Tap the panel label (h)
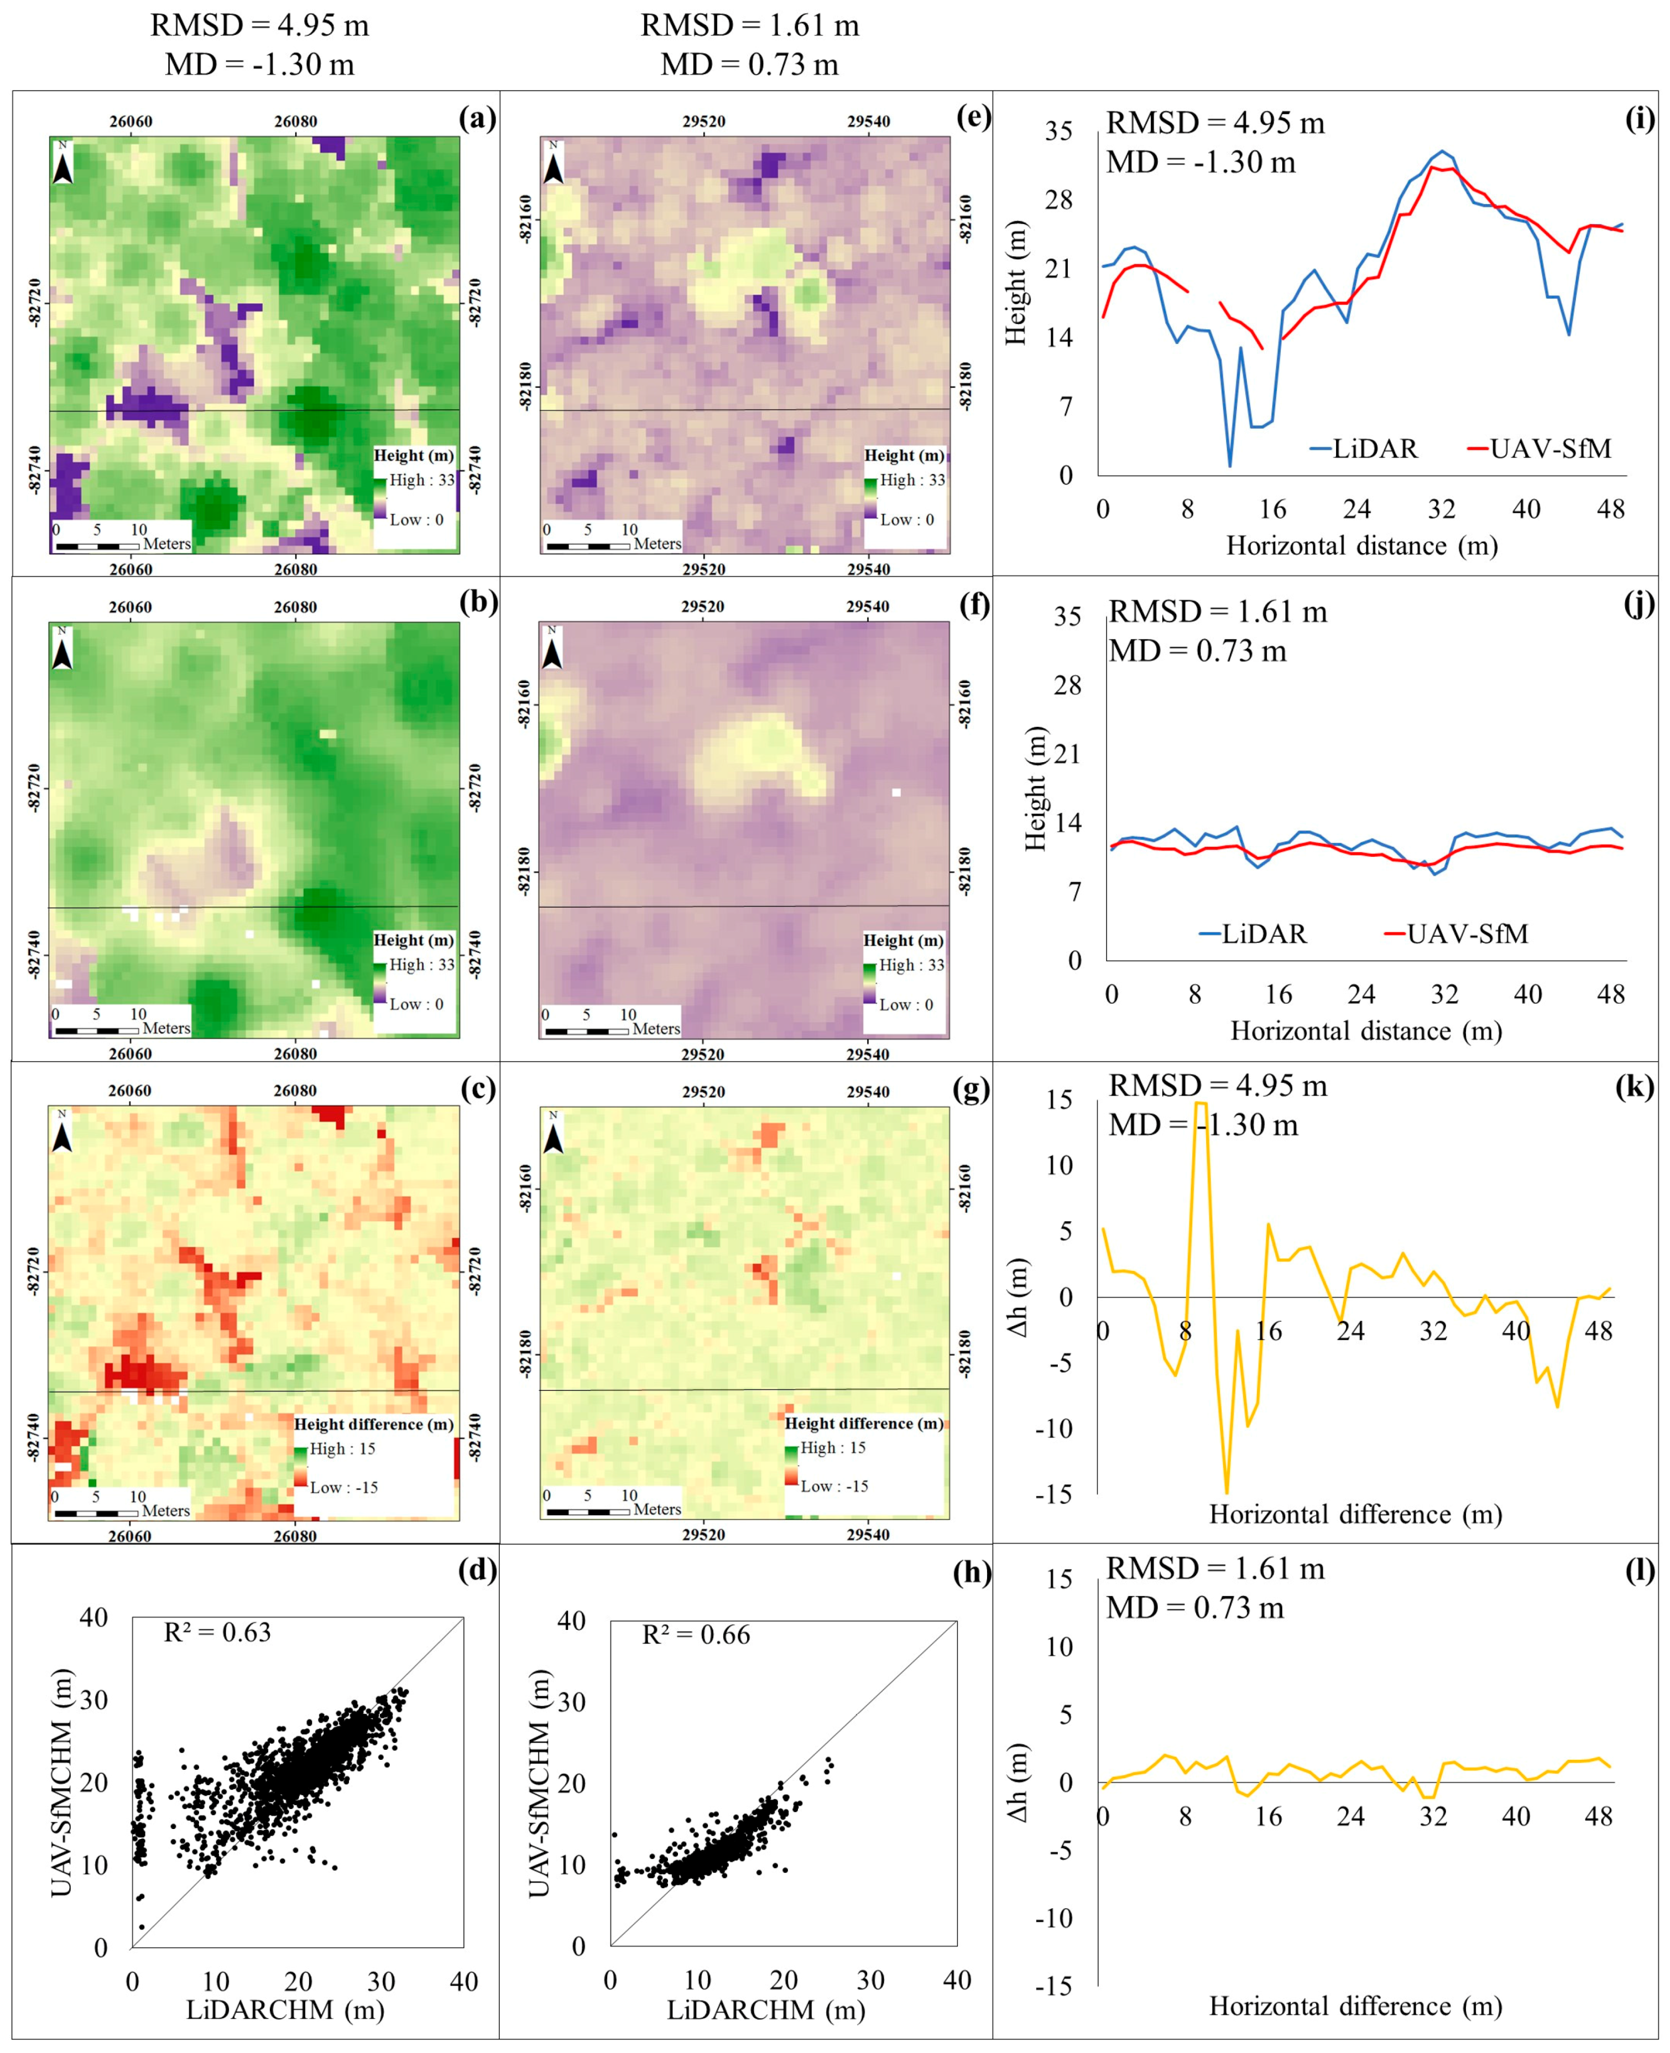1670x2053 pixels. (972, 1572)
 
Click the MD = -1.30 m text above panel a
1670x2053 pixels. (260, 65)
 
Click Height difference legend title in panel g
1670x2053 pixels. (864, 1423)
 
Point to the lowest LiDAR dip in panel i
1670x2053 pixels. (1229, 466)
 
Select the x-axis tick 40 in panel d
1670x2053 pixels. (464, 1982)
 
